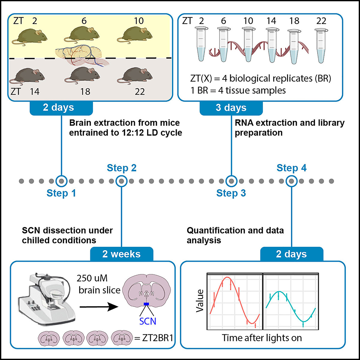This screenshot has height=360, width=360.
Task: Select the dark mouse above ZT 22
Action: (137, 75)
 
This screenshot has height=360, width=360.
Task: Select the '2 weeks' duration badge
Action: (121, 254)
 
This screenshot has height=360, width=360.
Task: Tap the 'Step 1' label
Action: (61, 193)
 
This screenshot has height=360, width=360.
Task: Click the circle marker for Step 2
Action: (122, 180)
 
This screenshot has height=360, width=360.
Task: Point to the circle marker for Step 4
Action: (291, 180)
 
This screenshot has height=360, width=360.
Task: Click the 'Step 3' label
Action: (231, 193)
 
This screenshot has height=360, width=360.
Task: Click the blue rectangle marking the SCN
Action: (146, 304)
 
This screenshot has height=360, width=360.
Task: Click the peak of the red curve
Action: (227, 278)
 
